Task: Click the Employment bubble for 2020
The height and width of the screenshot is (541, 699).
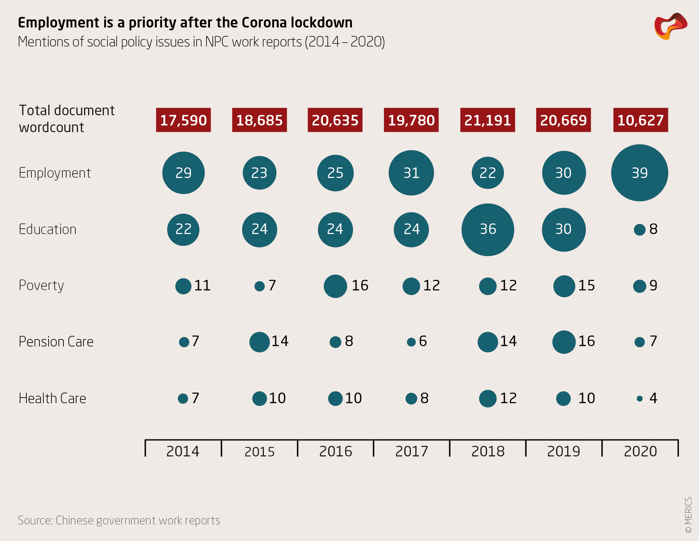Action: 639,173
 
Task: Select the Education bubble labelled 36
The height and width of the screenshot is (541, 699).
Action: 488,229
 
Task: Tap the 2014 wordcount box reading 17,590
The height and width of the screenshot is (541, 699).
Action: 183,120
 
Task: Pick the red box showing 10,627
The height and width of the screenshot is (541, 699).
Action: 641,120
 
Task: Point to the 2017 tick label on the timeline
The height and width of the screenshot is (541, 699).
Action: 412,451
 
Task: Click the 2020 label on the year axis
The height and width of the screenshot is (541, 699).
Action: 640,451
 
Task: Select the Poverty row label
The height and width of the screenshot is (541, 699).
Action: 41,285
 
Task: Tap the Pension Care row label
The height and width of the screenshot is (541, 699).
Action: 56,342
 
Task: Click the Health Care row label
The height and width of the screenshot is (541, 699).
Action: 52,398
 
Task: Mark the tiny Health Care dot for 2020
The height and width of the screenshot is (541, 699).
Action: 640,399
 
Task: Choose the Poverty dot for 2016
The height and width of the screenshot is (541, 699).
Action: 335,286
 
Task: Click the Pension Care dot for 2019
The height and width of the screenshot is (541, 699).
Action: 564,342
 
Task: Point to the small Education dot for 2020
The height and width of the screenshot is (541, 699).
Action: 639,230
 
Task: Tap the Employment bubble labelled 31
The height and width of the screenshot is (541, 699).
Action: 411,173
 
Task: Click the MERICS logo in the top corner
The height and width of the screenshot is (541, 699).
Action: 670,26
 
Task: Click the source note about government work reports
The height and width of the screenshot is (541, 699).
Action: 119,520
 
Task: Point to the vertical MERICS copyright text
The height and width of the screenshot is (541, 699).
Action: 688,515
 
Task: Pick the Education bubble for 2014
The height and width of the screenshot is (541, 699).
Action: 183,229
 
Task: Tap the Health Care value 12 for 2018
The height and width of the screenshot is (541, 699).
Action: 508,398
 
